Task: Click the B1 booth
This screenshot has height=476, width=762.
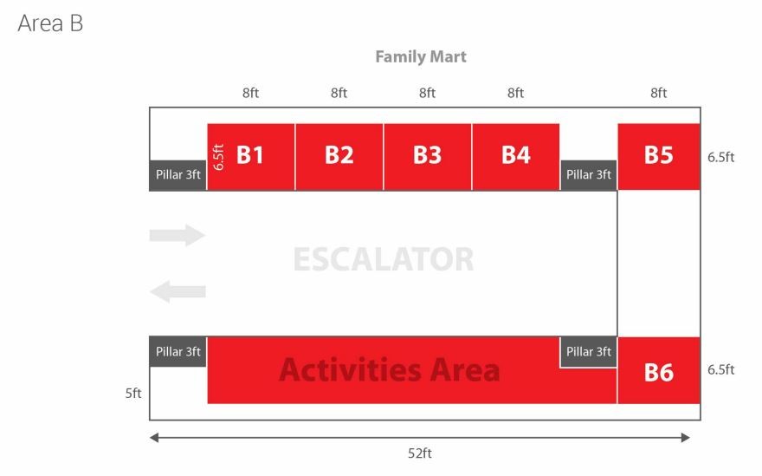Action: pos(251,157)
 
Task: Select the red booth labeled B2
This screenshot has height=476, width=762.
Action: pos(339,157)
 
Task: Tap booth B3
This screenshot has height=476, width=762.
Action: pos(428,157)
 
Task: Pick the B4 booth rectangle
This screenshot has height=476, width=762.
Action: pos(515,157)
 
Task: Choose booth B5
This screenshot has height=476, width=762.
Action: pos(659,157)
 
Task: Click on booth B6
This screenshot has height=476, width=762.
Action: pos(659,370)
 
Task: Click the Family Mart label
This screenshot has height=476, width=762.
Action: pos(421,57)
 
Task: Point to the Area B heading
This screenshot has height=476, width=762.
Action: pos(50,23)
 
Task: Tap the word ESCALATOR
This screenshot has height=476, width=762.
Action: pos(384,259)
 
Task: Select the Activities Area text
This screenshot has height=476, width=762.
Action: pos(390,370)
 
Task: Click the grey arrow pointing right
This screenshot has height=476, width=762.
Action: pos(178,235)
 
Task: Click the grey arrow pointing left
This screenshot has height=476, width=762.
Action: pos(178,291)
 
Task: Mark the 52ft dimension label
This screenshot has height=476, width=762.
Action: pos(420,453)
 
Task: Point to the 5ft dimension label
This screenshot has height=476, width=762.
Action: pos(133,394)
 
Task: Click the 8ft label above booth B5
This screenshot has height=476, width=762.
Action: pos(658,93)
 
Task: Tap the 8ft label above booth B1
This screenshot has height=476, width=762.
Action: pos(250,93)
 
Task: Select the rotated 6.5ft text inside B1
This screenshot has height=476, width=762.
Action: pos(219,157)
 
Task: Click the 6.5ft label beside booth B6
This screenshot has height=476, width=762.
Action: pos(720,369)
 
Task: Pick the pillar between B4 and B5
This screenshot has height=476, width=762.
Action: pos(589,175)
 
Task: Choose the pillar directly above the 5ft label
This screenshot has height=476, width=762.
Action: pos(178,351)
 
